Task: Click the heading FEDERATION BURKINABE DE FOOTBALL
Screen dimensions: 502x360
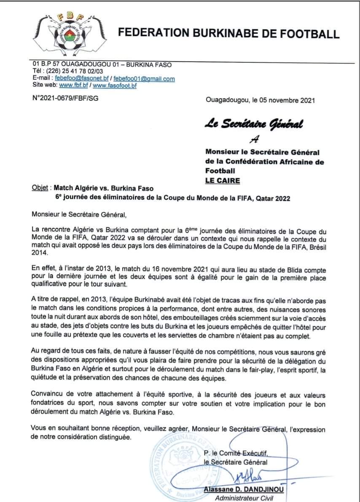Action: pos(228,34)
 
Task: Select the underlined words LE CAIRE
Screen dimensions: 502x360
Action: pos(222,181)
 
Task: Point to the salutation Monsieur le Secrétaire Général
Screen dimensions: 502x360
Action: pos(79,214)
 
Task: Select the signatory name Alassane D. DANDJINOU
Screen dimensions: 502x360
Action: pos(244,489)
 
